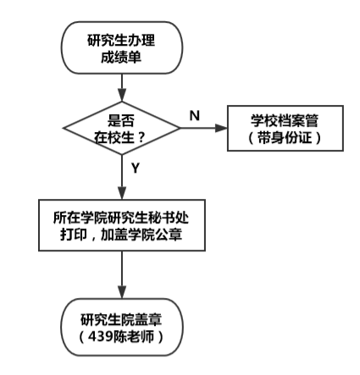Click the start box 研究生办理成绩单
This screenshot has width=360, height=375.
122,47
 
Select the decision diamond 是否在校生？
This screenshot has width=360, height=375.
122,128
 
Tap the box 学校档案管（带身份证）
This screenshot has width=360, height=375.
285,129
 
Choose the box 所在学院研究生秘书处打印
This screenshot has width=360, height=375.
122,225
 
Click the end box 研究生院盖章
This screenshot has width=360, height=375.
122,327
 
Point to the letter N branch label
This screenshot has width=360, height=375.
195,116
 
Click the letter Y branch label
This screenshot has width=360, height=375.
136,168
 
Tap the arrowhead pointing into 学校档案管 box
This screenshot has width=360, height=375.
221,128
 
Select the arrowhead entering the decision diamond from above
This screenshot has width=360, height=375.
122,95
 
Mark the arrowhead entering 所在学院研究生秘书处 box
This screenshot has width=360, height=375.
122,193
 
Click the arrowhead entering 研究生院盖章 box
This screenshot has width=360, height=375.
122,292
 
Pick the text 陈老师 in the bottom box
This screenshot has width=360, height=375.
133,336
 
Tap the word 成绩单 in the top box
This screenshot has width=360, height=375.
121,58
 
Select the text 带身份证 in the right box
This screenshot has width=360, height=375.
285,138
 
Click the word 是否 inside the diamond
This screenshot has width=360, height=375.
121,120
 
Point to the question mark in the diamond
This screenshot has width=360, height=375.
141,138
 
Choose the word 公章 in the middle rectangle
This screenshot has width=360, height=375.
169,234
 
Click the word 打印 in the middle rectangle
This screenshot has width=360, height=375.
74,234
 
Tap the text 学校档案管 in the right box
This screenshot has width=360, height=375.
285,120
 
